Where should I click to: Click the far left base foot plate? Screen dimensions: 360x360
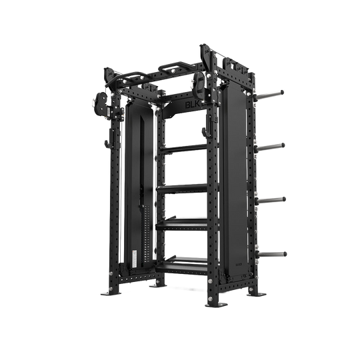point(107,291)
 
